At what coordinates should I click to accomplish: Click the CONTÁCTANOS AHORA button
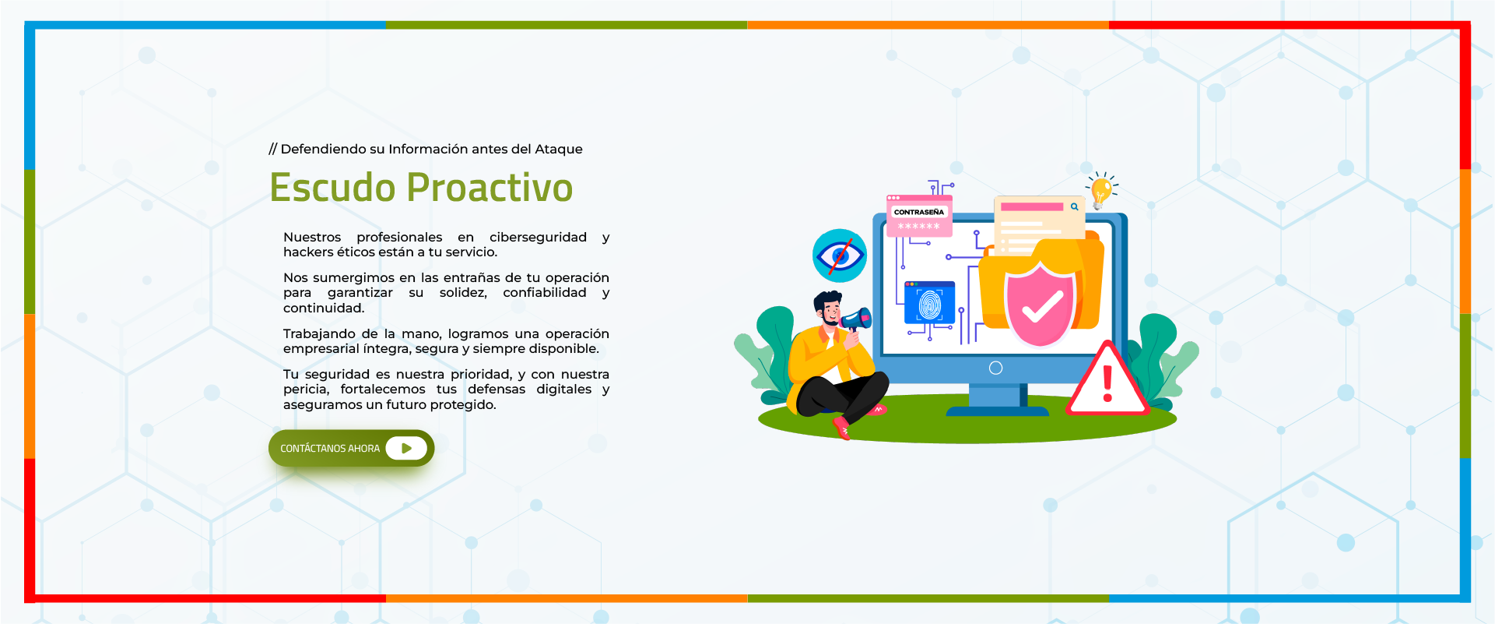[x=351, y=448]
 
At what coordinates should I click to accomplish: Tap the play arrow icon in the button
[x=406, y=448]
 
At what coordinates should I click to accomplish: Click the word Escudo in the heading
[x=332, y=188]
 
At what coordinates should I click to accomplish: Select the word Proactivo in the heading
[x=490, y=188]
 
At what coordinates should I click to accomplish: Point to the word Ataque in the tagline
[x=558, y=150]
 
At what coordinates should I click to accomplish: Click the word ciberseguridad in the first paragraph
[x=538, y=237]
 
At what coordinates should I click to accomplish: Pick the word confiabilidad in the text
[x=545, y=292]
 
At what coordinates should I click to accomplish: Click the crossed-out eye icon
[x=840, y=256]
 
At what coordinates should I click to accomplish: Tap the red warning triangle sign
[x=1107, y=379]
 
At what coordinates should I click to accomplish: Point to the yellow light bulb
[x=1101, y=191]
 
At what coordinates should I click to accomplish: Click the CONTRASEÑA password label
[x=919, y=212]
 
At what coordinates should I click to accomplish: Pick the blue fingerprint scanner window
[x=929, y=303]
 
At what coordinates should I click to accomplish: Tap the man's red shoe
[x=841, y=428]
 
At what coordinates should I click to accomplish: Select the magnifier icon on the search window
[x=1074, y=206]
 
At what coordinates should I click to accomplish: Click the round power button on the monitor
[x=995, y=368]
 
